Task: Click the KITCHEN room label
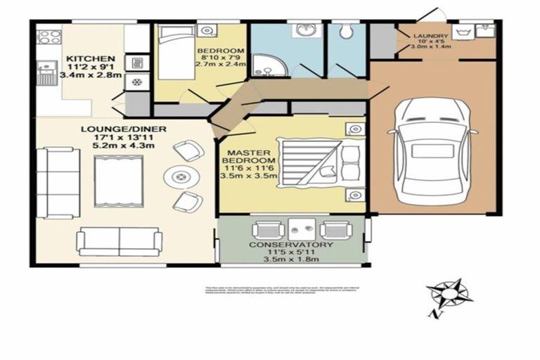[90, 58]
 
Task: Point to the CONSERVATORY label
[291, 245]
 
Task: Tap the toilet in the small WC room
[346, 32]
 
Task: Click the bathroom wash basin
[304, 31]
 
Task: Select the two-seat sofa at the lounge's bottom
[120, 241]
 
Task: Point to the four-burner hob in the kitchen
[49, 37]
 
